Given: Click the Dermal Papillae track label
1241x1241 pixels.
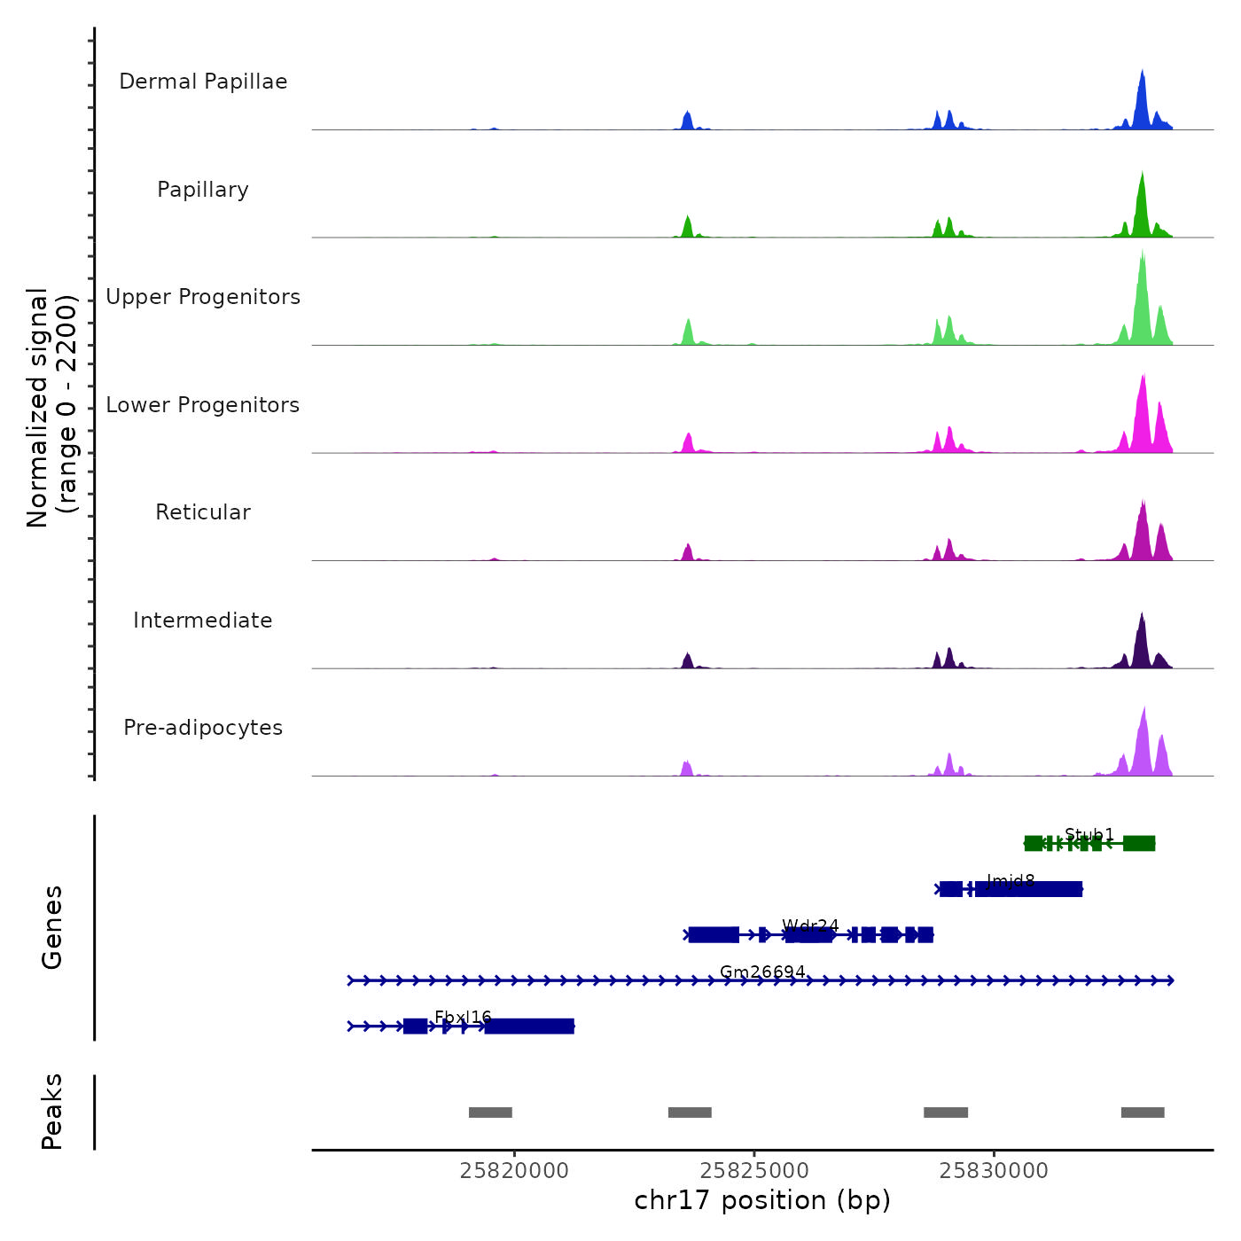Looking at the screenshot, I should point(203,82).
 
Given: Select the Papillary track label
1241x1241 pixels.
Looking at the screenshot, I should point(203,190).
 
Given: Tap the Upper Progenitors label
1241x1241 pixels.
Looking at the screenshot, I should point(203,297).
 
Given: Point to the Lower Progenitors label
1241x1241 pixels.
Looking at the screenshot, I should point(203,405).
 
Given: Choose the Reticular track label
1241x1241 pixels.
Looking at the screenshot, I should point(203,512).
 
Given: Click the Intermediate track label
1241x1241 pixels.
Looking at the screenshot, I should point(203,620).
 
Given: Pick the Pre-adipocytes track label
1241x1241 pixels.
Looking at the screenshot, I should point(203,728).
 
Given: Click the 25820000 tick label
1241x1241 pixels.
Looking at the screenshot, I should point(514,1171).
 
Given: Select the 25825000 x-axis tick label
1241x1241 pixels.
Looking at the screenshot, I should point(754,1171).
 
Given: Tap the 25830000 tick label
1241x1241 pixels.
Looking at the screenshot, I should point(994,1171).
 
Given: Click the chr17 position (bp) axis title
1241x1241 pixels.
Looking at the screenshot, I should point(762,1200).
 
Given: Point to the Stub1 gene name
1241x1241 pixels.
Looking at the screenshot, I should point(1089,834).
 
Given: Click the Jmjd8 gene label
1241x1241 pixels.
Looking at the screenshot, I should point(1011,880).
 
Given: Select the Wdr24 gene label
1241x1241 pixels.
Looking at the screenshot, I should point(810,926).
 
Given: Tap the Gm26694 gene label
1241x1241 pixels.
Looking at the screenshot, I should point(762,972).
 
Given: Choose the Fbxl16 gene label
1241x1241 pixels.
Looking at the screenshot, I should point(463,1018).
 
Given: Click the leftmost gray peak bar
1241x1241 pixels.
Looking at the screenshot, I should point(490,1112).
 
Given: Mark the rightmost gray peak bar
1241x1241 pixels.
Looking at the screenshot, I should point(1143,1112).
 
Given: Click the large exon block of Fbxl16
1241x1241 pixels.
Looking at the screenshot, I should point(529,1026).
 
